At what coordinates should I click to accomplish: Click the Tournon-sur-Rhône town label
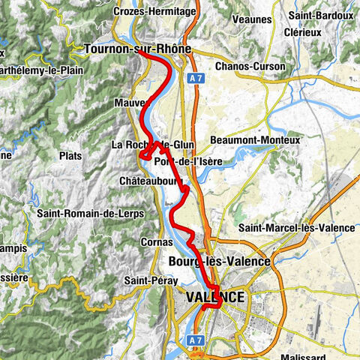tap(138, 49)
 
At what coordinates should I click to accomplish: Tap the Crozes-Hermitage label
tap(148, 12)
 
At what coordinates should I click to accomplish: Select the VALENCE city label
tap(214, 298)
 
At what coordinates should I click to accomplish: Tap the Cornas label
tap(155, 242)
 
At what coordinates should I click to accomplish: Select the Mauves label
tap(131, 102)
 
